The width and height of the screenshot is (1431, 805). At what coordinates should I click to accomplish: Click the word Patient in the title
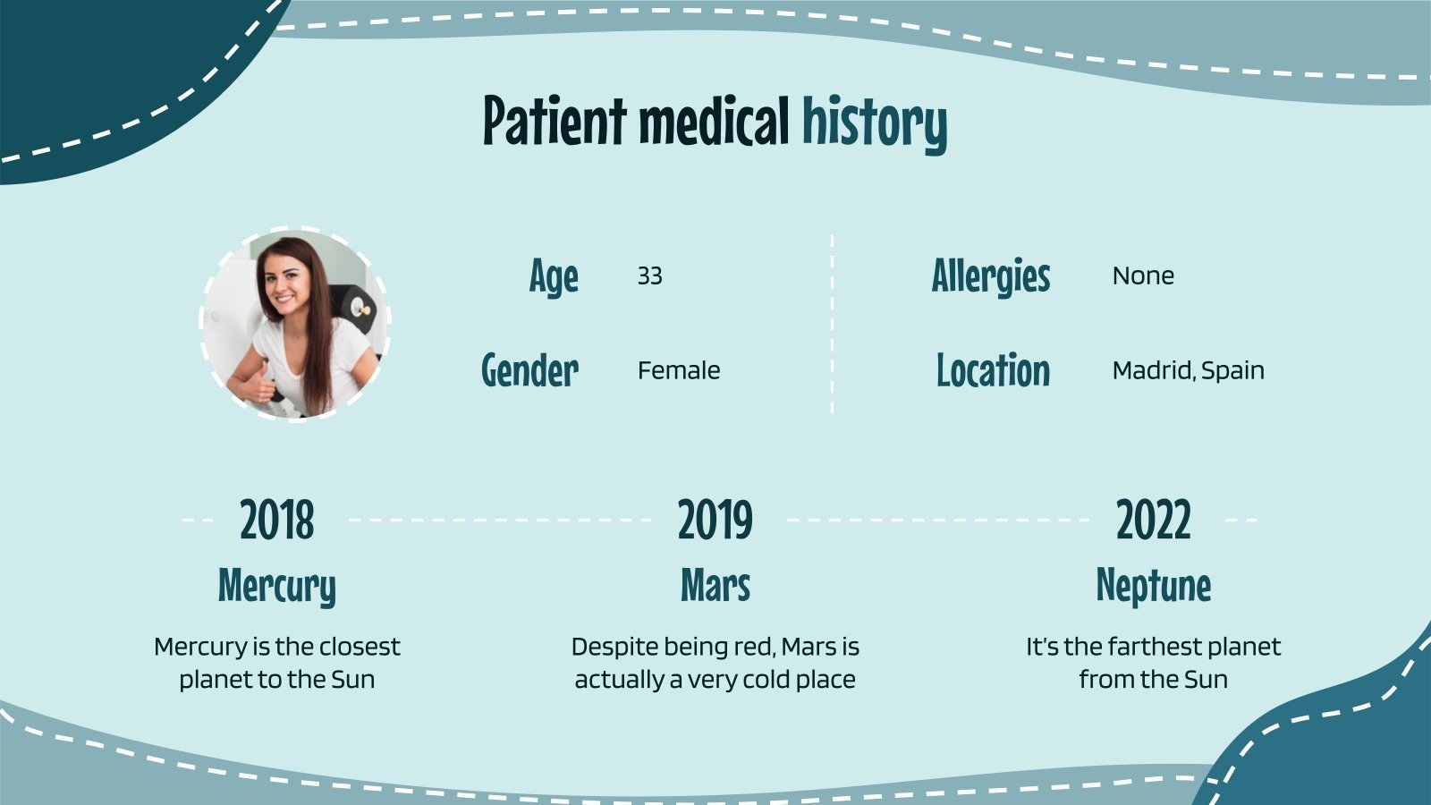click(555, 120)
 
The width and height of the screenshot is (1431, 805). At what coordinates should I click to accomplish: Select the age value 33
click(649, 276)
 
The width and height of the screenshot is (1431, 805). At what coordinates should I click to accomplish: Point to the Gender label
click(529, 370)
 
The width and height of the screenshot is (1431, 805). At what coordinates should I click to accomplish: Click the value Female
click(679, 370)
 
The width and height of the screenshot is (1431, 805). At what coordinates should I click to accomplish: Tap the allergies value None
click(1143, 276)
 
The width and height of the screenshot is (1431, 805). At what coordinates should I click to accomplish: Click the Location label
click(993, 370)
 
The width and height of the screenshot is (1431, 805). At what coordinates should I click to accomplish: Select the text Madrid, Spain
click(1189, 371)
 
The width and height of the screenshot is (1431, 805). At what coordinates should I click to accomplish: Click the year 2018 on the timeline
click(277, 520)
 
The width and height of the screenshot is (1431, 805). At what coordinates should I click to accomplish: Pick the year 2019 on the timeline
click(715, 520)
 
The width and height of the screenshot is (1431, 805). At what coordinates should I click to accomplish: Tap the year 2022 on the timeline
click(1154, 520)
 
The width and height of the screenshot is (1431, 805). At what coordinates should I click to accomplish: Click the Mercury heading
click(276, 587)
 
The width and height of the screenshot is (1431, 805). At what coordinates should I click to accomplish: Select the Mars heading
click(715, 585)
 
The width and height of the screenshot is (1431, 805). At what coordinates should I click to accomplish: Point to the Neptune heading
click(1154, 587)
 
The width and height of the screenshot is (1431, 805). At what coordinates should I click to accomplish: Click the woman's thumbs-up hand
click(260, 386)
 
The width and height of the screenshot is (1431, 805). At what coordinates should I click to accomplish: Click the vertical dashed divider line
click(832, 325)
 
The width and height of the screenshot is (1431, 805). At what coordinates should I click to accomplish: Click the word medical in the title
click(715, 120)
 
